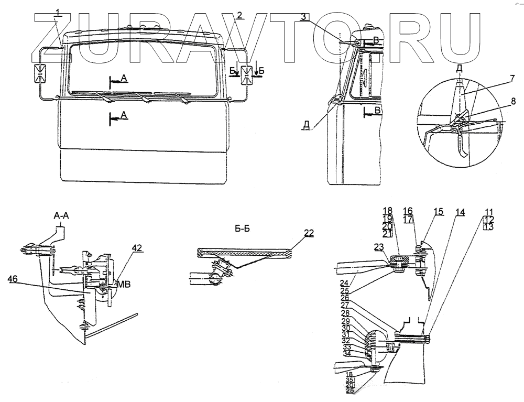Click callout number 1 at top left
(59, 13)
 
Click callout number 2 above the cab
(239, 14)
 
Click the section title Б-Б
(242, 229)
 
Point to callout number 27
(358, 305)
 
